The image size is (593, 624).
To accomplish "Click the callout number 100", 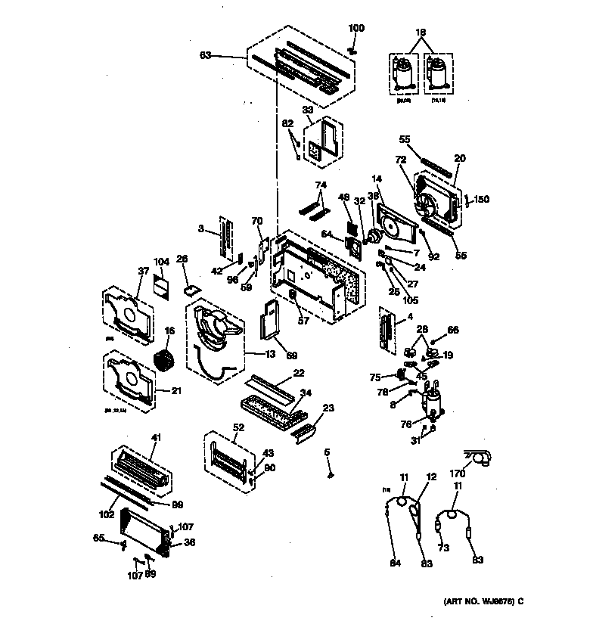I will click(355, 29).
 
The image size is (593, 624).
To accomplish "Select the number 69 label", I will click(291, 354).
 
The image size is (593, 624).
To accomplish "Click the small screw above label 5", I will click(331, 475).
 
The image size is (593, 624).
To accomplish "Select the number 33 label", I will click(309, 109).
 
